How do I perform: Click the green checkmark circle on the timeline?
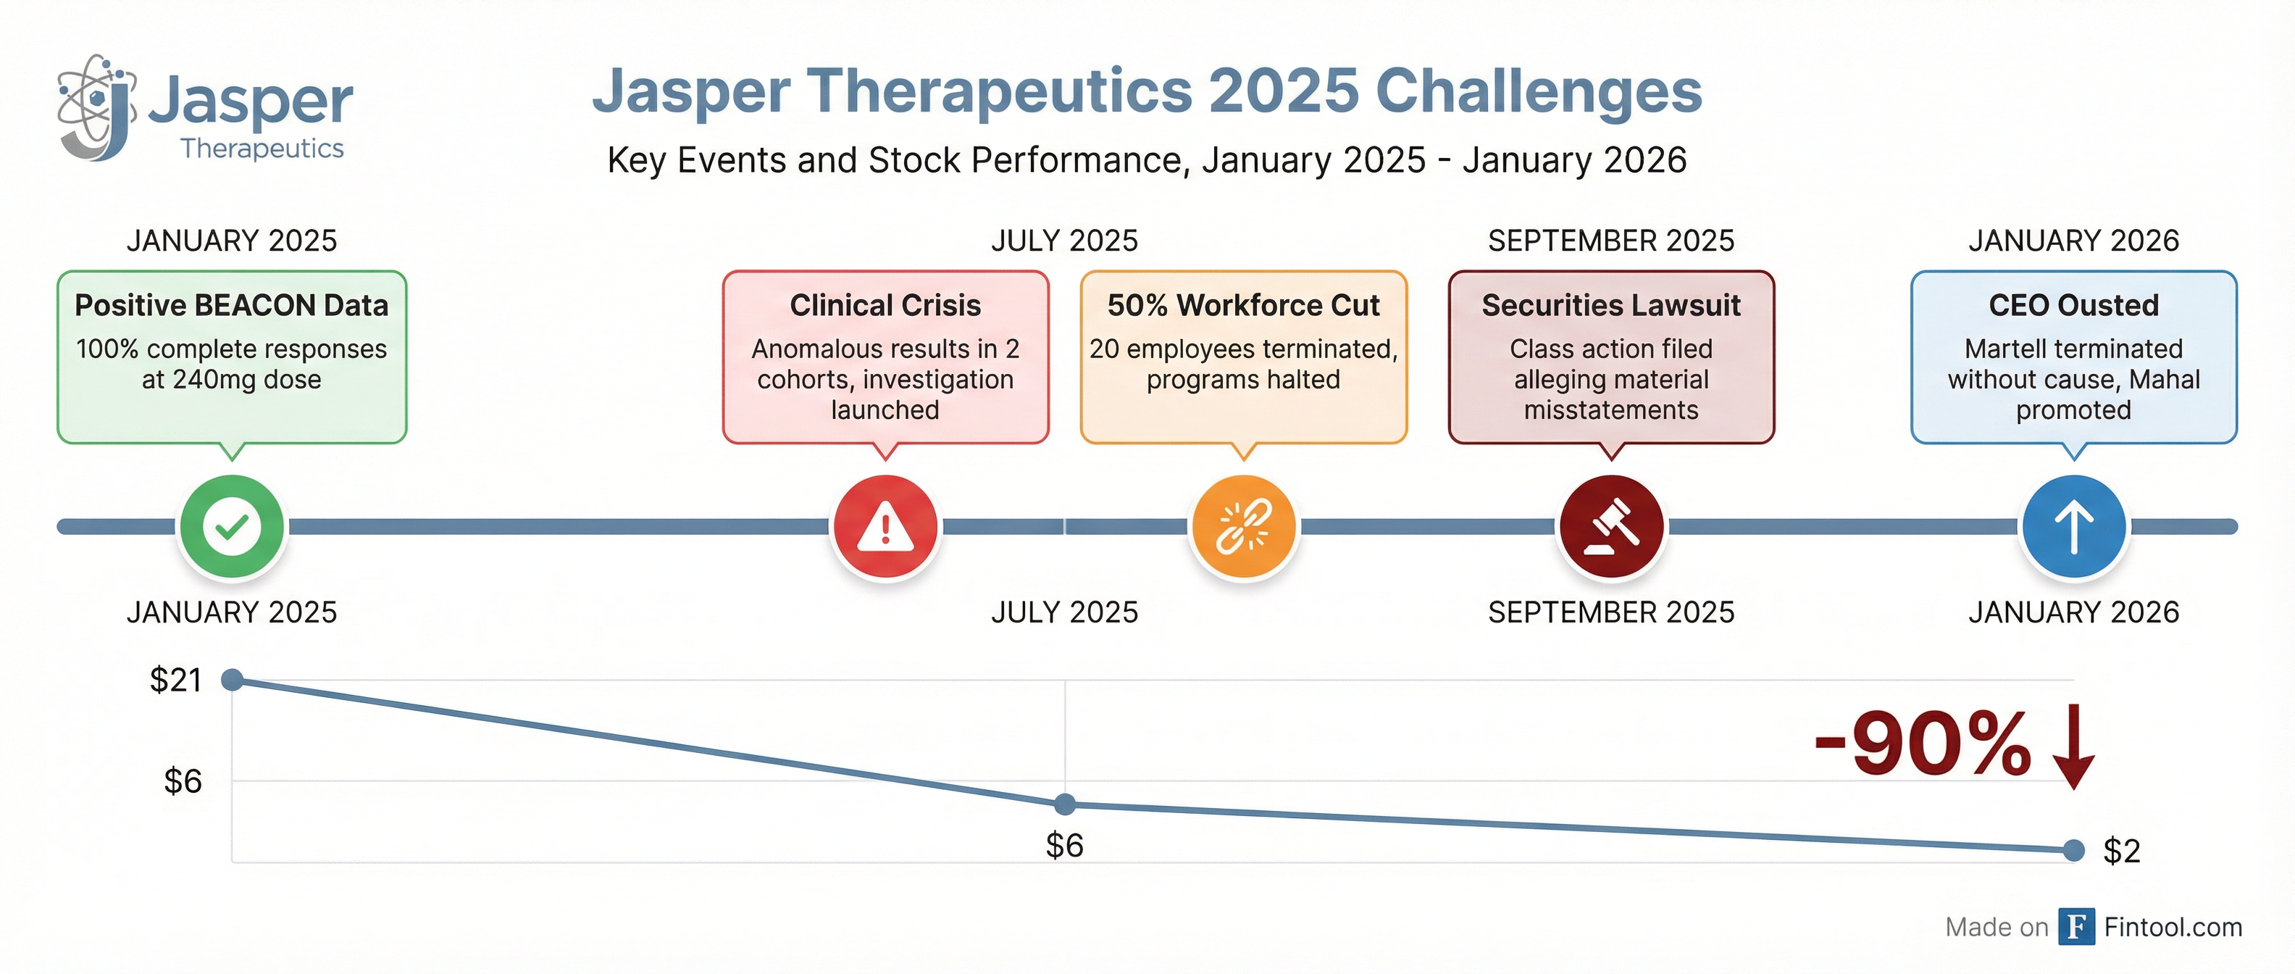pos(232,527)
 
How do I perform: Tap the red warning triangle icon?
pos(885,527)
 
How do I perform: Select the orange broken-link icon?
pos(1244,527)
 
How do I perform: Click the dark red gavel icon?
pos(1611,527)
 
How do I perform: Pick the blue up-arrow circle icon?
pos(2073,527)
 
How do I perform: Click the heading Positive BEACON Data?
pos(232,306)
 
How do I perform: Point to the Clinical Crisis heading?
pos(885,306)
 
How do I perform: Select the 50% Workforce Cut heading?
pos(1243,306)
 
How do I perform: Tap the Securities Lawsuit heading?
pos(1611,306)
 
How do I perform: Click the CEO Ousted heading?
pos(2073,306)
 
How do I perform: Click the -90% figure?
pos(1923,745)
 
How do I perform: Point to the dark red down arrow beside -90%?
pos(2074,746)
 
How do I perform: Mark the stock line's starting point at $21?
pos(233,680)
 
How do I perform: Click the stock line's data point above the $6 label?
pos(1065,804)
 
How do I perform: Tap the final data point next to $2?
pos(2074,850)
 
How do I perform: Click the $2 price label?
pos(2121,851)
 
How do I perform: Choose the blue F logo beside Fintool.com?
pos(2075,927)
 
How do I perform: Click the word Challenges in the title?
pos(1539,92)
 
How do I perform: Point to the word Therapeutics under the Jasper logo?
pos(262,148)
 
